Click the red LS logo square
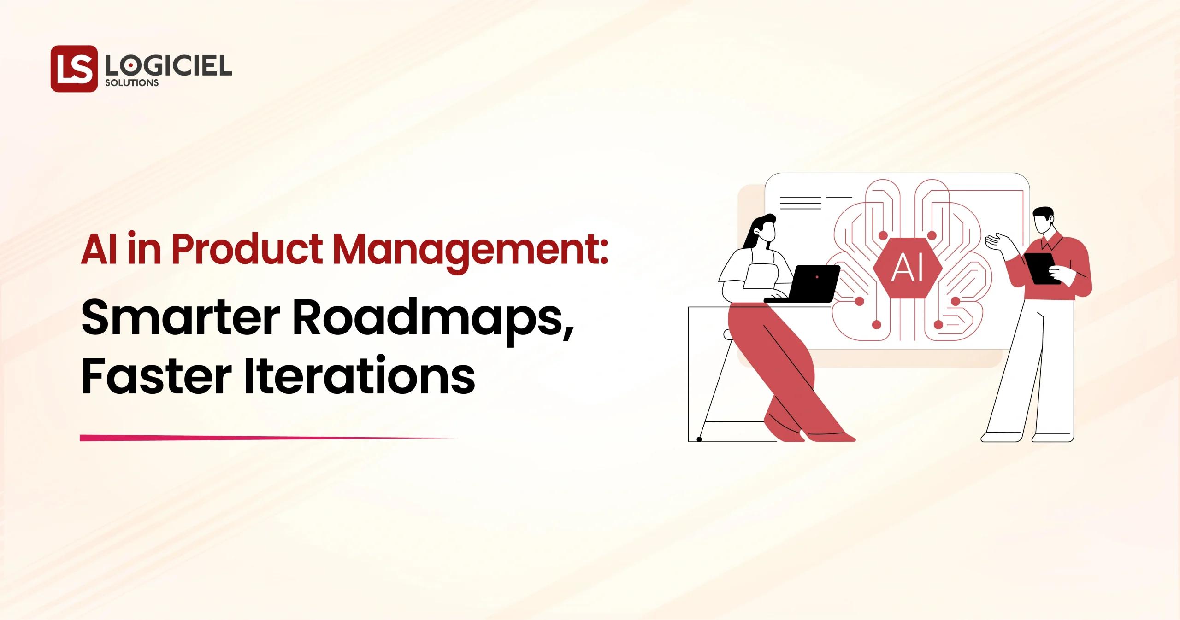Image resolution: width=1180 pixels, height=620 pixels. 74,69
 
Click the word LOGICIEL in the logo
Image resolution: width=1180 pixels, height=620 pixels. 168,67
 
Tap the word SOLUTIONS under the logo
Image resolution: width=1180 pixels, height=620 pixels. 132,83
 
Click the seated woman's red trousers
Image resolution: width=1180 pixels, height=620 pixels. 779,364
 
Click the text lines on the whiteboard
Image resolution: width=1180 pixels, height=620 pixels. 800,203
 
